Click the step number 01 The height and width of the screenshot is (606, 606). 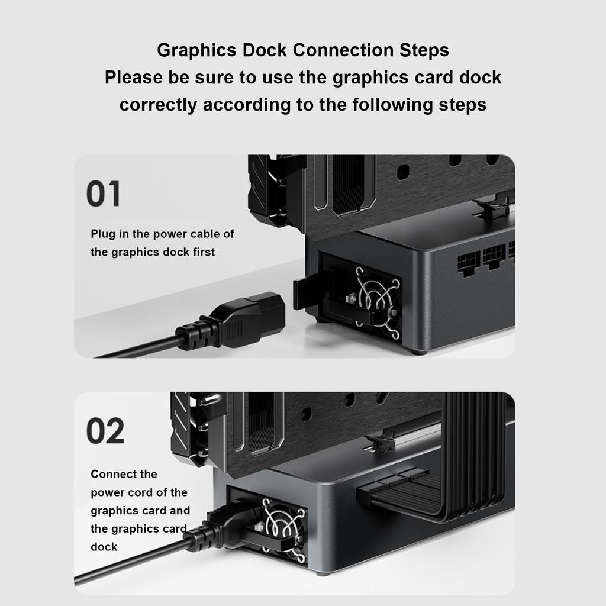(103, 195)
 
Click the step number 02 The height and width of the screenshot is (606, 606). (105, 431)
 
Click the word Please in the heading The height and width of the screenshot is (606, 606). (134, 78)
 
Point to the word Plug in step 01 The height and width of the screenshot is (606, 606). (102, 234)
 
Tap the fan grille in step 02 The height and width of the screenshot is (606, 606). (282, 528)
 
